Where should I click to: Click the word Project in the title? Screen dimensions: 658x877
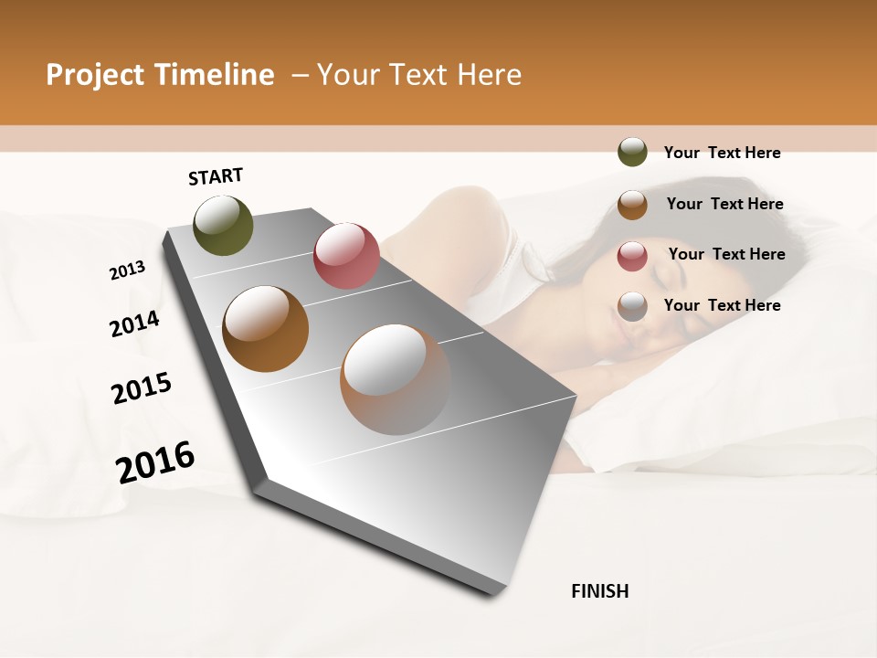93,76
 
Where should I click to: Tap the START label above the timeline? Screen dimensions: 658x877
216,176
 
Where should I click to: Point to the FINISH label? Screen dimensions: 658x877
599,591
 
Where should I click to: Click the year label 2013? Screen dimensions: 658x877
128,271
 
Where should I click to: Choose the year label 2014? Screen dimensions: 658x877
134,324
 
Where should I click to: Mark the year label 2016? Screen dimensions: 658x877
155,462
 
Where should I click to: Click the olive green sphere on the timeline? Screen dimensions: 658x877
223,225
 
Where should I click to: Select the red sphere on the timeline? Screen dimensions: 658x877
346,256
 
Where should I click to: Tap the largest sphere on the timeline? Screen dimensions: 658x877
395,379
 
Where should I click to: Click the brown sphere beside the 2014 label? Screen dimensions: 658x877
265,328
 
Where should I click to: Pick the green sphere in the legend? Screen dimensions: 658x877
632,153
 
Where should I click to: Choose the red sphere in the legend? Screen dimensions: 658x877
632,255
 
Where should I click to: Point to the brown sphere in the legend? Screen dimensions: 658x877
632,205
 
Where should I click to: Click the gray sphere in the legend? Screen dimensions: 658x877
632,306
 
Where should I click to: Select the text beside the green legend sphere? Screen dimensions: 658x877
722,154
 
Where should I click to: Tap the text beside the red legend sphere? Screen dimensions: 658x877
726,254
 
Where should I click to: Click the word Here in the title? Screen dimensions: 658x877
489,75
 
